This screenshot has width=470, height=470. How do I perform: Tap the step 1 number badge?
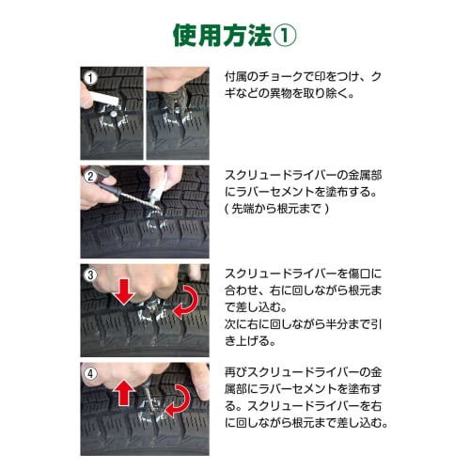click(x=91, y=78)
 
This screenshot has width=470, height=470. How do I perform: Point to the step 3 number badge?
click(x=90, y=275)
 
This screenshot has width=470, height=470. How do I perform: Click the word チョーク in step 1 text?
click(x=279, y=76)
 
